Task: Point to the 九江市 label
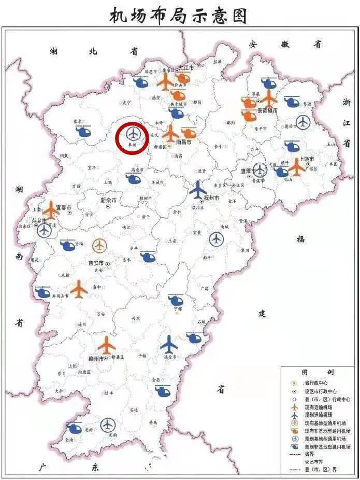click(186, 68)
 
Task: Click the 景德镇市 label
click(267, 111)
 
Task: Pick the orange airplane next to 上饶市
click(297, 166)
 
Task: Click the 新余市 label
click(108, 200)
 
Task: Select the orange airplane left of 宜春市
click(51, 210)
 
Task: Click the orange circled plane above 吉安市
click(99, 245)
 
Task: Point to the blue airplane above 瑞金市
click(169, 344)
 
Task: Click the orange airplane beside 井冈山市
click(79, 289)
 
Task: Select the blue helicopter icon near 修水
click(83, 131)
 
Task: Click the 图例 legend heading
click(318, 372)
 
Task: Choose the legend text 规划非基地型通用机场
click(327, 446)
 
